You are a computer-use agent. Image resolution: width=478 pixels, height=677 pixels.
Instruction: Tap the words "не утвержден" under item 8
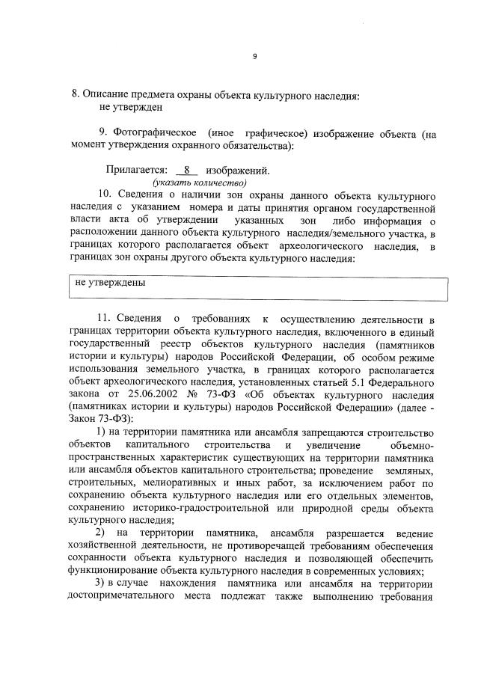130,108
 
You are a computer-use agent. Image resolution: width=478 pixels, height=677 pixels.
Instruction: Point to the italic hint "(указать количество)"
200,183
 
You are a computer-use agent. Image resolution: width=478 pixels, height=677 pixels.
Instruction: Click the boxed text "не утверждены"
110,284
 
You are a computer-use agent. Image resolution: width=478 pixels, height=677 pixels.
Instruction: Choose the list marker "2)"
99,532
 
